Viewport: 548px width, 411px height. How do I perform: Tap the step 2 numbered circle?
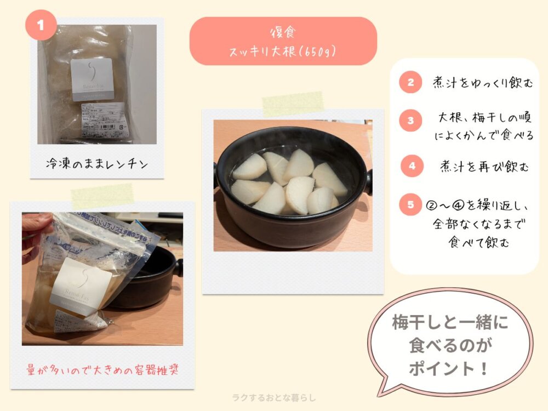pyautogui.click(x=411, y=83)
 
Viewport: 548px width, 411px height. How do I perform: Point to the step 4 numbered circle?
pyautogui.click(x=411, y=165)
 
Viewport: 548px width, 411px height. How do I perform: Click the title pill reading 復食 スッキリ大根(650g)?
pyautogui.click(x=283, y=41)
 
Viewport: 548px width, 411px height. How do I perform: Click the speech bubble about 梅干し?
pyautogui.click(x=449, y=345)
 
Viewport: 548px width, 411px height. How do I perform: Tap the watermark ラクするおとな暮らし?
pyautogui.click(x=274, y=398)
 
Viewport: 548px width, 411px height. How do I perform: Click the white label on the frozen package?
pyautogui.click(x=92, y=79)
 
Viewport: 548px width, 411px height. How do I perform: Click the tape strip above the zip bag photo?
pyautogui.click(x=102, y=196)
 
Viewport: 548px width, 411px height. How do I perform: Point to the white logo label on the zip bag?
pyautogui.click(x=81, y=285)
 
